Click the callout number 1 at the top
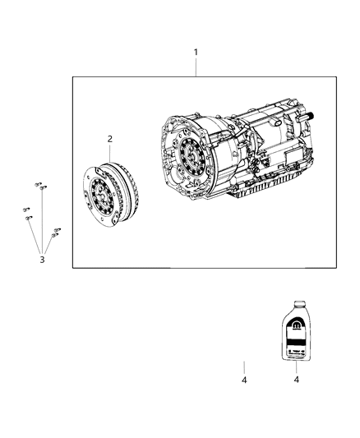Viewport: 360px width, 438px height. coord(196,53)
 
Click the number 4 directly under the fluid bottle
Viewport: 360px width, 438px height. coord(297,380)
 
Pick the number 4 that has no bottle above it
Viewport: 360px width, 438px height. coord(244,380)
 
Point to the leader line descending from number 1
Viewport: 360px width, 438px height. coord(196,67)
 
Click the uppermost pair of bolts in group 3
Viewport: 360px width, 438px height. coord(39,187)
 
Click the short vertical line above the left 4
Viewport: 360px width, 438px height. coord(244,366)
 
